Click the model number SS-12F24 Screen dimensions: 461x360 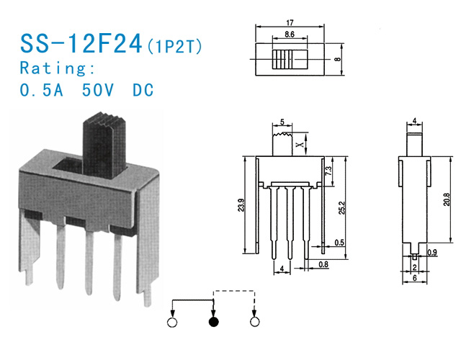tap(81, 43)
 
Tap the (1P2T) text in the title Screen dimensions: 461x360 tap(174, 46)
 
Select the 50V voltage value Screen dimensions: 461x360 tap(98, 90)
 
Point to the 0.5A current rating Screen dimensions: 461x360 tap(42, 90)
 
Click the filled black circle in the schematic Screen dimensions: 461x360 tap(214, 322)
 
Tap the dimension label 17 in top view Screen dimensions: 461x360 tap(290, 22)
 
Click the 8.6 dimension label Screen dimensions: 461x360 tap(290, 35)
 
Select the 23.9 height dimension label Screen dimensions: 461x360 tap(241, 204)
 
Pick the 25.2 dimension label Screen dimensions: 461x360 tap(341, 207)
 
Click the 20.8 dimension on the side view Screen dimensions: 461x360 tap(447, 199)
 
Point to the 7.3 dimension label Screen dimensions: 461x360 tap(328, 171)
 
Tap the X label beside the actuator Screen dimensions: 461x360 tap(300, 145)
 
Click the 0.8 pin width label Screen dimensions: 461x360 tap(323, 264)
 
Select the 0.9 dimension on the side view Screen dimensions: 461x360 tap(432, 252)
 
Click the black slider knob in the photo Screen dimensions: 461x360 tap(104, 145)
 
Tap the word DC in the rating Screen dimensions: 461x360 tap(143, 90)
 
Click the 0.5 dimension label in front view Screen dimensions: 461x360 tap(339, 243)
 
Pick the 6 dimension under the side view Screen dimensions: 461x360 tap(415, 278)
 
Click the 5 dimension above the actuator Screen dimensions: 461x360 tap(282, 122)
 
